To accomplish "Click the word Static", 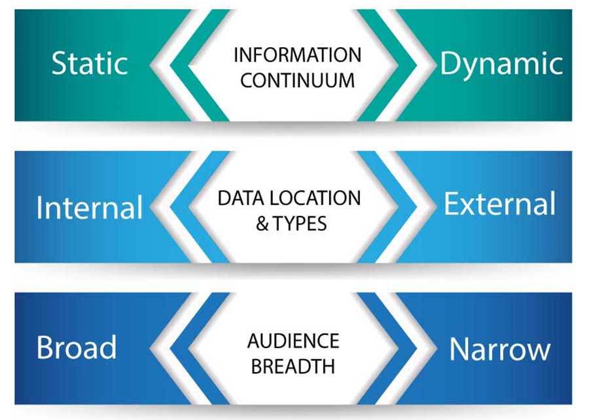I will coord(89,63).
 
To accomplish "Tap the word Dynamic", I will coord(501,64).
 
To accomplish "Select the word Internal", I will coord(90,207).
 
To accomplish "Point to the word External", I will coord(499,204).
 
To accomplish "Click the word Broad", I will coord(77,347).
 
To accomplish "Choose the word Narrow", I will coord(500,350).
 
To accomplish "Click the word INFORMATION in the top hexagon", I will coord(297,55).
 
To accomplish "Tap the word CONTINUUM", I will coord(297,81).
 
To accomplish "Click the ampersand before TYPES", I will coord(262,224).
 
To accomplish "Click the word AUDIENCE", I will coord(293,340).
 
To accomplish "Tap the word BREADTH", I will coord(293,366).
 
